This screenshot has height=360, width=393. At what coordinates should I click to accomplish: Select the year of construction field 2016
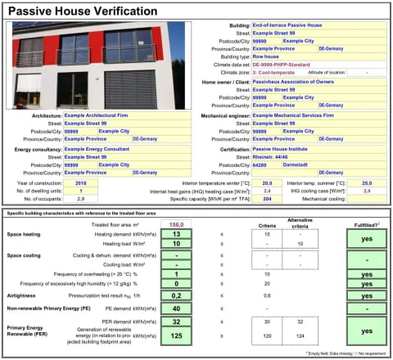80,183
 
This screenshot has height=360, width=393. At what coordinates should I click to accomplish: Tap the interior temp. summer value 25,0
367,183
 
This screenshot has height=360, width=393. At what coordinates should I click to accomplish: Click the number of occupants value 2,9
80,199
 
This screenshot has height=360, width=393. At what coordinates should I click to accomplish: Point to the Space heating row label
25,235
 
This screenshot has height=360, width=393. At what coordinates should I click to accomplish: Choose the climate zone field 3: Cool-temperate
278,72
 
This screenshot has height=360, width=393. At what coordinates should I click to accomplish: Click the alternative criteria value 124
300,335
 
